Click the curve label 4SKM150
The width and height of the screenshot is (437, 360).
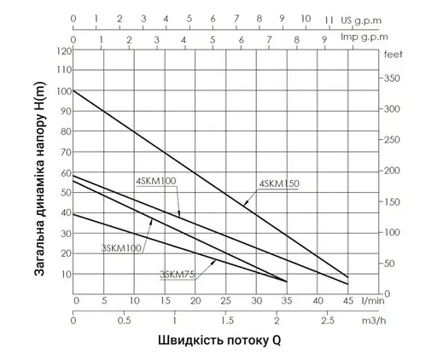(x=279, y=183)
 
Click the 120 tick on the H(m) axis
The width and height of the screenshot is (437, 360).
(x=64, y=50)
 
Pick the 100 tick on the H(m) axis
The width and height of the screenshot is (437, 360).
(x=64, y=90)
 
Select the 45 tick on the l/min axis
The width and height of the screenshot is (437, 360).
(x=347, y=301)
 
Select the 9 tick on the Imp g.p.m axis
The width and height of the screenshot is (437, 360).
(x=323, y=38)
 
